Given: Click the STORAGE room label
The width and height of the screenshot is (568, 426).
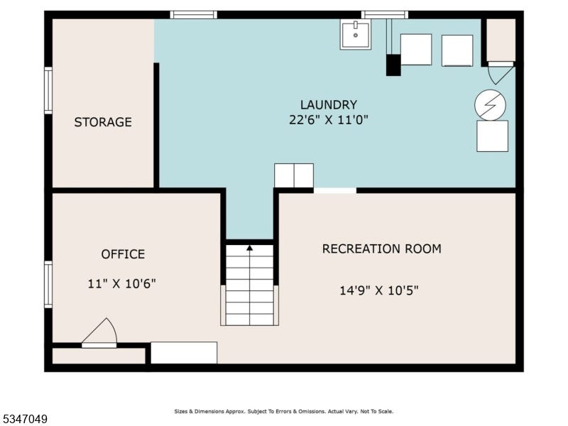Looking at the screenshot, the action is click(x=103, y=122).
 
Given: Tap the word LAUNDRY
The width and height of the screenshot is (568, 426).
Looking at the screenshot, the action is click(x=329, y=104).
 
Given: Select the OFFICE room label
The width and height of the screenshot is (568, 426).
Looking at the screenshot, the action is click(x=123, y=254).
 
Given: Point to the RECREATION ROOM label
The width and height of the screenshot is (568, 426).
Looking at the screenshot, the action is click(x=382, y=249).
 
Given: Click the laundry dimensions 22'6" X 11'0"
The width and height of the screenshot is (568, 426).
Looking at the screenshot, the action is click(x=329, y=119).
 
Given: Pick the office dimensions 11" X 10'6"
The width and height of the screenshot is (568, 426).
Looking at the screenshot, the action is click(x=121, y=283).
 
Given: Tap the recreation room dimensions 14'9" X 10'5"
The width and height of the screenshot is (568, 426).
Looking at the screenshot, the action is click(x=379, y=290).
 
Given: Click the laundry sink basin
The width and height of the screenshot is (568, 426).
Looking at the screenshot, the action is click(x=356, y=34).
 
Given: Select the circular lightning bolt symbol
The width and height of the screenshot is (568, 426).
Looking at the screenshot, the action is click(x=490, y=104).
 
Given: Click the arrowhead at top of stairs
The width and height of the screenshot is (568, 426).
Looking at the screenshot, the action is click(x=250, y=248).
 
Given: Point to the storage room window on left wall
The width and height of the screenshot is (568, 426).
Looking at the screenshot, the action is click(x=48, y=91).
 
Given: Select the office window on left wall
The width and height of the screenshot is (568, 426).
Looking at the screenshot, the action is click(x=48, y=285).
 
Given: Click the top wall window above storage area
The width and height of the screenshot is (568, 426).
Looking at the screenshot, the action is click(x=193, y=15).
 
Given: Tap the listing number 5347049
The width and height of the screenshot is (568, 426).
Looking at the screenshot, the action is click(x=24, y=419).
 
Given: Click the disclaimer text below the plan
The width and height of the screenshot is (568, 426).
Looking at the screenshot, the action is click(x=283, y=412).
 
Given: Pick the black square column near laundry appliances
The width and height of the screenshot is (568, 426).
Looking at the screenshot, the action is click(x=393, y=65).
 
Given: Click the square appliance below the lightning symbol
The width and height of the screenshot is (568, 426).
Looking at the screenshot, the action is click(x=492, y=136).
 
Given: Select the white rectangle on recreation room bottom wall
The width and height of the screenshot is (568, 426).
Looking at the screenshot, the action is click(x=184, y=352).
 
